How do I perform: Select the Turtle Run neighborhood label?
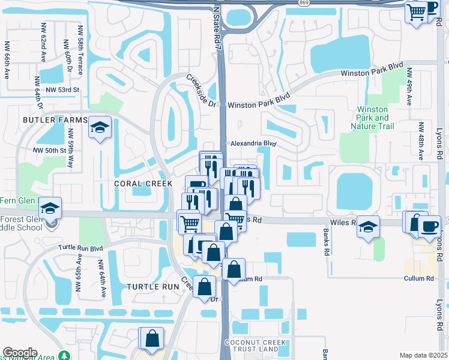coord(153,287)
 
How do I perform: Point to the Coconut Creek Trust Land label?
coord(260,346)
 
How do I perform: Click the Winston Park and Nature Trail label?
coord(373,118)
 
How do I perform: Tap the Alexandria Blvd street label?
coord(253,144)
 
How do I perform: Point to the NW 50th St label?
coord(49,150)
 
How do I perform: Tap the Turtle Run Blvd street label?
coord(81,247)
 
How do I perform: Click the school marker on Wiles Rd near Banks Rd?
coord(369,226)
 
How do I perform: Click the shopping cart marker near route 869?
coord(416,11)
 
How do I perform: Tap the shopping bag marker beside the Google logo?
coord(152,338)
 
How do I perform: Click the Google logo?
coord(20,353)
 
